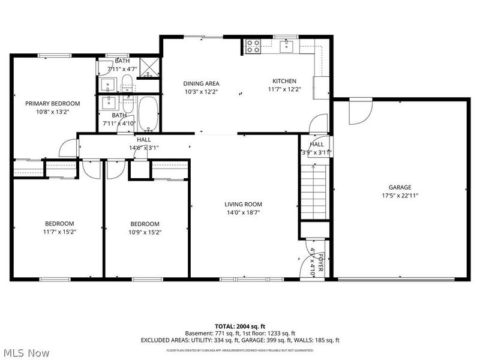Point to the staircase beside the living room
(x=314, y=193)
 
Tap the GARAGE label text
(x=400, y=187)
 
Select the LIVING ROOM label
(x=243, y=204)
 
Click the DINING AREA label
(x=201, y=83)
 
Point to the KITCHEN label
(x=284, y=81)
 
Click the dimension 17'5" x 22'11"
(x=400, y=195)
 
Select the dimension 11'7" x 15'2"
(x=59, y=232)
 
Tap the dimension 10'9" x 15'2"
(x=145, y=232)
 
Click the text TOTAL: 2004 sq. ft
(x=240, y=326)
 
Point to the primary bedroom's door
(x=70, y=147)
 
